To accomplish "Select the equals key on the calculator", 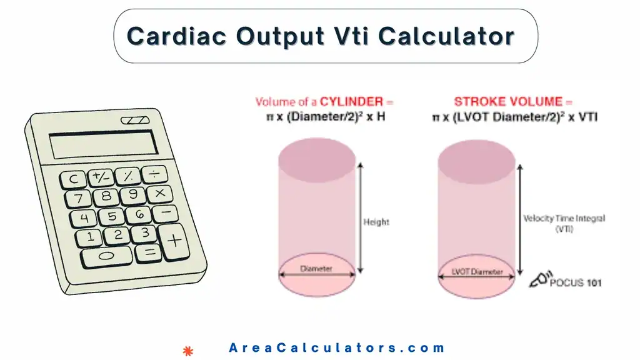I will tap(149, 252).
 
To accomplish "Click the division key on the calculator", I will tap(154, 172).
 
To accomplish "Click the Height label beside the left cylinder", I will tap(376, 222).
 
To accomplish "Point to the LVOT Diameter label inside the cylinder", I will tap(477, 272).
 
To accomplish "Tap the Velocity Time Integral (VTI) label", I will tap(564, 223).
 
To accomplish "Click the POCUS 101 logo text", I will tap(575, 282).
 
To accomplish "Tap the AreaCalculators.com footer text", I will tap(337, 348).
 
